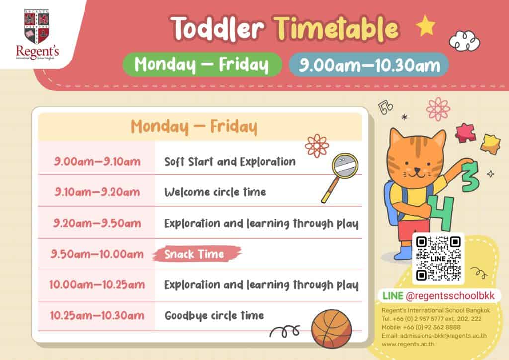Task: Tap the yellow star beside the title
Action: [x=425, y=26]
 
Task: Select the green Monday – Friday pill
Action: [x=202, y=64]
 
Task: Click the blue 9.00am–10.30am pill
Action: [x=369, y=64]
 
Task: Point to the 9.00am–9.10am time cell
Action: [x=97, y=161]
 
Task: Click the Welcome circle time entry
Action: [x=215, y=192]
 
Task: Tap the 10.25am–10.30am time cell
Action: [x=97, y=315]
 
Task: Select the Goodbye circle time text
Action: [x=214, y=315]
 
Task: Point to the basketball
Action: [x=332, y=329]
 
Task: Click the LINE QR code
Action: [x=438, y=259]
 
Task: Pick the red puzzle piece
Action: [x=465, y=133]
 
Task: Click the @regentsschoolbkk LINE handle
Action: [x=450, y=296]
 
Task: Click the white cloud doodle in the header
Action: [x=465, y=41]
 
